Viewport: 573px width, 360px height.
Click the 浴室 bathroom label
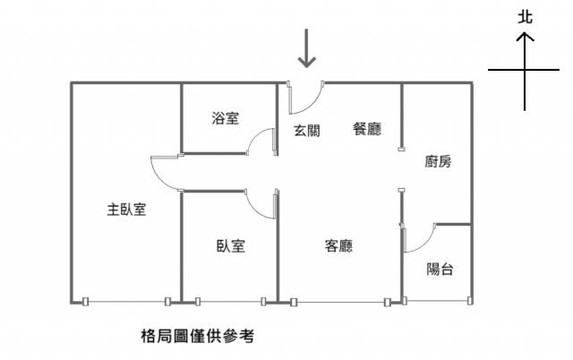click(225, 118)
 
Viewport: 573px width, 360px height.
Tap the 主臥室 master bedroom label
click(126, 210)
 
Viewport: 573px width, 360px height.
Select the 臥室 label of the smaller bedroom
click(231, 246)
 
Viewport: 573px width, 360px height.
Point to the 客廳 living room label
click(338, 246)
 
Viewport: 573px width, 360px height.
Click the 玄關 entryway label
click(307, 131)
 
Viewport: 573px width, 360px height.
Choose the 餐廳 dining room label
click(367, 129)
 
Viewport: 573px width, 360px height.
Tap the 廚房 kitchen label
click(438, 161)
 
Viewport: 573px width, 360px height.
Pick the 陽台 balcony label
click(440, 270)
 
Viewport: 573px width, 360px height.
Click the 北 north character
click(526, 17)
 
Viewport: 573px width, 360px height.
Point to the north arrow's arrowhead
click(525, 36)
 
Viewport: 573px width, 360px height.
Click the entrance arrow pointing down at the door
click(306, 48)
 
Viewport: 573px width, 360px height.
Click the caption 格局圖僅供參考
click(197, 336)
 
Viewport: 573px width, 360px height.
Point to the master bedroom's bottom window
click(126, 302)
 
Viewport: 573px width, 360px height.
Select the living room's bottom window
click(340, 303)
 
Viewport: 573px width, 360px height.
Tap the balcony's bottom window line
click(437, 301)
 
